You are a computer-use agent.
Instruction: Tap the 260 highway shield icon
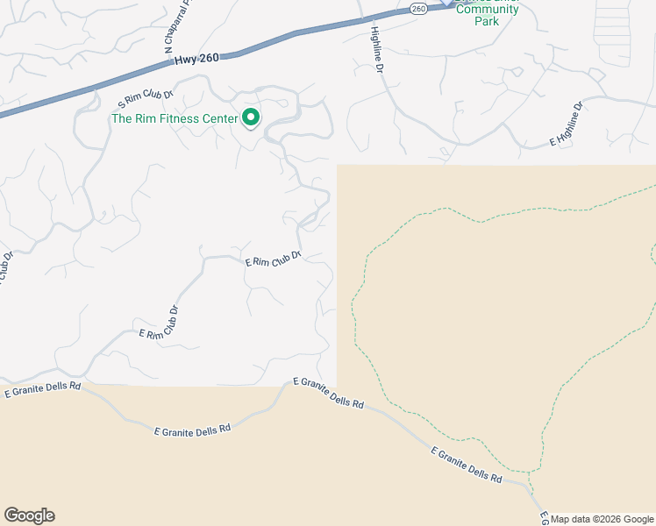point(417,9)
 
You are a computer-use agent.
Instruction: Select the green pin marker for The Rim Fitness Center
point(251,117)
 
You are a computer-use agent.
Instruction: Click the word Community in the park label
point(486,10)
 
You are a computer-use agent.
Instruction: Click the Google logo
point(29,515)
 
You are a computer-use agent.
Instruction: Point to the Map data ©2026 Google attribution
point(602,519)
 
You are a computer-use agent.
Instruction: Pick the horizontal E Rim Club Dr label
point(273,259)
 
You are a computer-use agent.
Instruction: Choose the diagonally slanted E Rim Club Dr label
point(159,324)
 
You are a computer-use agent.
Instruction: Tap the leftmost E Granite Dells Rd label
point(42,389)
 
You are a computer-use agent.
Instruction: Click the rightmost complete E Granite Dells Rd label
point(466,465)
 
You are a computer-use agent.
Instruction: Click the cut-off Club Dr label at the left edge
point(6,267)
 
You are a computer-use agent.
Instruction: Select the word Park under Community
point(486,21)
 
